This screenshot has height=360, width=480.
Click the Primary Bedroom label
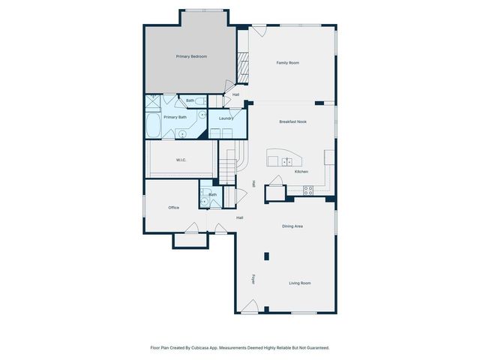tap(191, 57)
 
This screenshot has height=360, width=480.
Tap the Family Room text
tap(287, 63)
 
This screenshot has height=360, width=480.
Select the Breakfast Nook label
tap(292, 121)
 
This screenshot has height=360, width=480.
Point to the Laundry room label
tap(226, 118)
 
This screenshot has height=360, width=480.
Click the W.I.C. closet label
tap(181, 160)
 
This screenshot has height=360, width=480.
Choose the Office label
tap(173, 208)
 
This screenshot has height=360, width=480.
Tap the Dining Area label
tap(292, 226)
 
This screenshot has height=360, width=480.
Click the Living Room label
tap(300, 283)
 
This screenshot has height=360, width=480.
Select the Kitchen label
tap(301, 172)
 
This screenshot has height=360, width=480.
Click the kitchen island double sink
tap(287, 161)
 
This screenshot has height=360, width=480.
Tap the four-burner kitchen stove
tap(308, 190)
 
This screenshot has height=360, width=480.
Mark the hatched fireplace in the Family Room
tap(243, 68)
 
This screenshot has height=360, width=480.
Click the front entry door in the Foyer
tap(251, 308)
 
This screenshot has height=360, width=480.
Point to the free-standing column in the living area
tap(266, 256)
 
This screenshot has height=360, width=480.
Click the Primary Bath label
tap(175, 117)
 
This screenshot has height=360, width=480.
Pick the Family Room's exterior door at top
tap(258, 30)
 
